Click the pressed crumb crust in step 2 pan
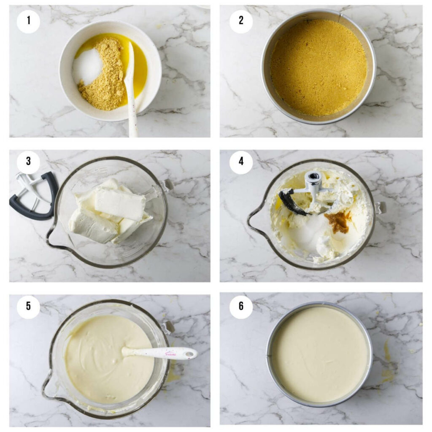tap(319, 67)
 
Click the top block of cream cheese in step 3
tap(120, 204)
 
